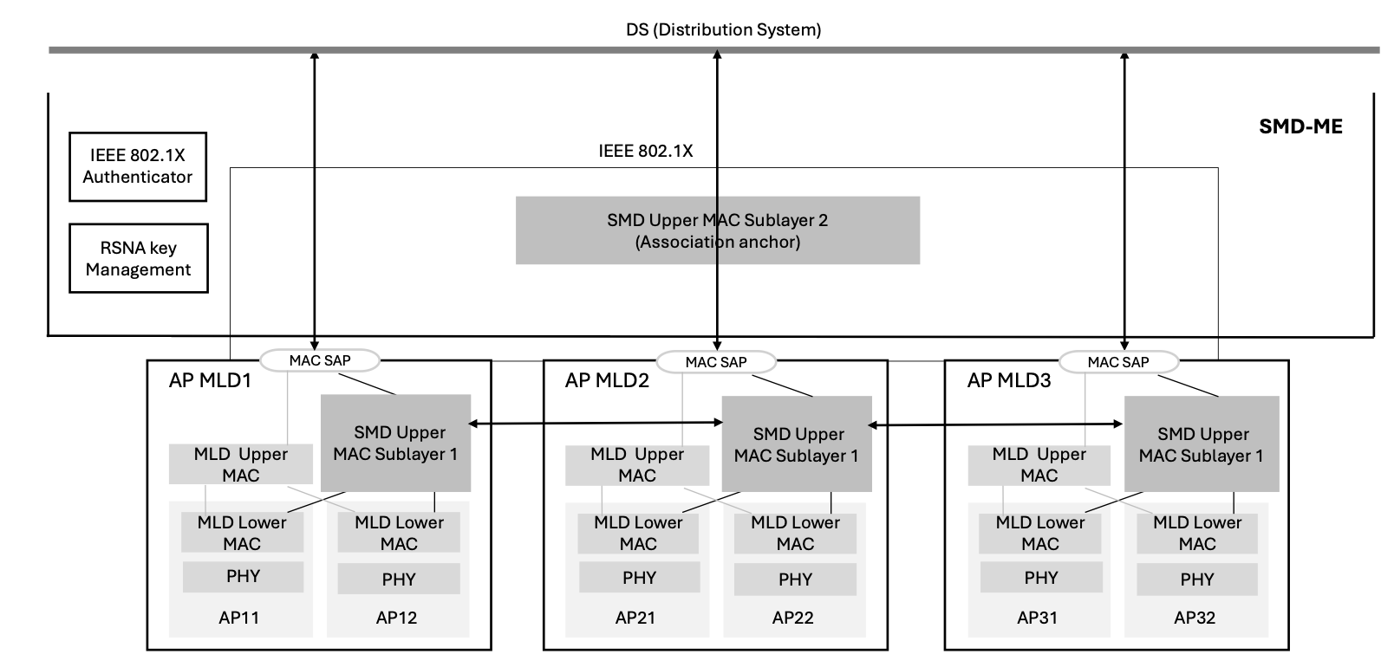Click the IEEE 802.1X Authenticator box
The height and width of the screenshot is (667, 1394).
(x=138, y=166)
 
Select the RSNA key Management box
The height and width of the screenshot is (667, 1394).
(x=138, y=258)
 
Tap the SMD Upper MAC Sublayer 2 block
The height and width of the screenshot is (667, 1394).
(x=717, y=230)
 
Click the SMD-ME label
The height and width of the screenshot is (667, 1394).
(x=1300, y=127)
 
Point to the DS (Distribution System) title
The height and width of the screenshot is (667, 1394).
(x=723, y=29)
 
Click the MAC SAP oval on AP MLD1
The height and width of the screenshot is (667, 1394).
(x=320, y=360)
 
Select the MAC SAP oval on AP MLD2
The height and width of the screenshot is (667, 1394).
(x=716, y=362)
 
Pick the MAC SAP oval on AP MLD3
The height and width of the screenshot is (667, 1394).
(x=1118, y=362)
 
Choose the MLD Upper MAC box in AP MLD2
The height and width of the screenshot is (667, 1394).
(x=637, y=465)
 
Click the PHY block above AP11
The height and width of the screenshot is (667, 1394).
(x=243, y=577)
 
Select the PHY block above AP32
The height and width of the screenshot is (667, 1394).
(x=1196, y=580)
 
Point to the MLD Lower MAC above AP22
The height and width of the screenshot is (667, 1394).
(x=795, y=534)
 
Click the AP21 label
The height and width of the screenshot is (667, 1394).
(x=635, y=618)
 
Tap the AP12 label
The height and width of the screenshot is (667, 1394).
(x=396, y=618)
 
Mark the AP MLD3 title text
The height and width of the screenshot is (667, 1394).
(x=1009, y=380)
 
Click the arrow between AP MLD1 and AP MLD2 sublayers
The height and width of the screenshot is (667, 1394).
(x=596, y=423)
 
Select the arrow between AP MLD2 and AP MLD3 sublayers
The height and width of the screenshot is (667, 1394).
(x=996, y=424)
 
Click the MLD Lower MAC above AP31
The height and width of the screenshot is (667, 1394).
(x=1039, y=534)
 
